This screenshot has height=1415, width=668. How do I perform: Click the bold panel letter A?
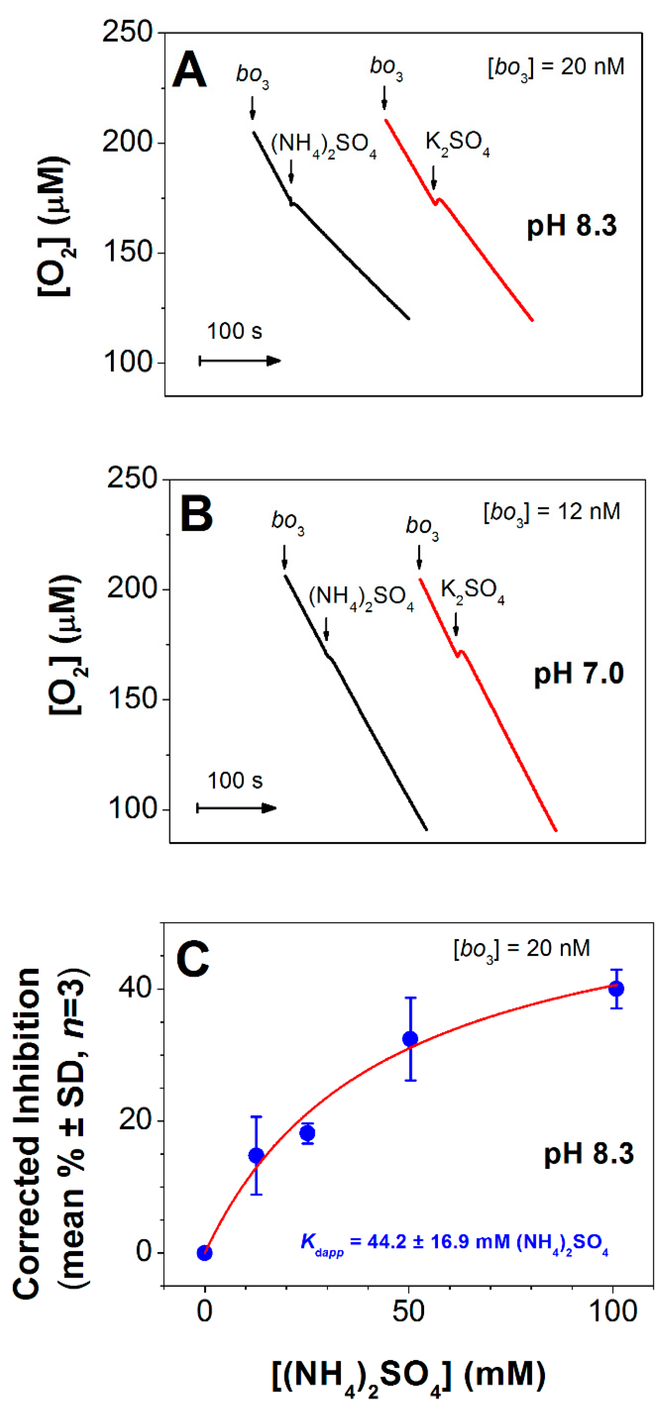(x=189, y=70)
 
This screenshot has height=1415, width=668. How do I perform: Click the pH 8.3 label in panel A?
(x=571, y=226)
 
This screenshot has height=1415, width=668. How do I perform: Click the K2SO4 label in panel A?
(x=457, y=143)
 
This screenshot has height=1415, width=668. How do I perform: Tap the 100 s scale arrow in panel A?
(x=240, y=361)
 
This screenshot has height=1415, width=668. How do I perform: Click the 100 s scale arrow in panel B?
(x=237, y=808)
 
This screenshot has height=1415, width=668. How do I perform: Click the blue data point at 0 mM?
(x=204, y=1253)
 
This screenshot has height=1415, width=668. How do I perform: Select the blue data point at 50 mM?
(x=410, y=1039)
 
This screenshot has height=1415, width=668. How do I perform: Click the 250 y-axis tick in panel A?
(x=127, y=32)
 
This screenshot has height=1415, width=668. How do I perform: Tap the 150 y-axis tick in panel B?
(x=132, y=699)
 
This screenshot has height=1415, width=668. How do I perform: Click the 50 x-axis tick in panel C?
(x=409, y=1312)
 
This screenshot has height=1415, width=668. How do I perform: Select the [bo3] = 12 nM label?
(x=551, y=512)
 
